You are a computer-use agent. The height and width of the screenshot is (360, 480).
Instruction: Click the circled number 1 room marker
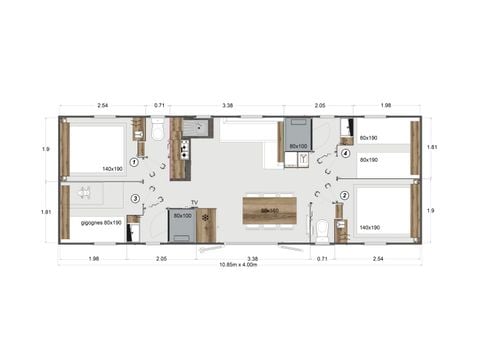pos(133,162)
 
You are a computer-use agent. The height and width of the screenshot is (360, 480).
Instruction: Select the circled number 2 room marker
pos(345,196)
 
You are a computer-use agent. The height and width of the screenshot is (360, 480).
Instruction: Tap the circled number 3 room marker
pos(133,198)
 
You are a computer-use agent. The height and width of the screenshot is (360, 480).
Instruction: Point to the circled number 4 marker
pos(345,153)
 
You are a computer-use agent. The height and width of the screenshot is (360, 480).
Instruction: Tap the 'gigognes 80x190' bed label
pos(101,222)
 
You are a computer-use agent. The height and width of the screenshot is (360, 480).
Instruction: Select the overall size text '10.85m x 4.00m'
pos(240,264)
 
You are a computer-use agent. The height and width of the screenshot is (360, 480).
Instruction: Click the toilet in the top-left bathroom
pos(158,132)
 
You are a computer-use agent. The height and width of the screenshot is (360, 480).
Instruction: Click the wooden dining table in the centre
pos(269,211)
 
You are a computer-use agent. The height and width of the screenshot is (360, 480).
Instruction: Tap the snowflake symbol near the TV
pos(206,217)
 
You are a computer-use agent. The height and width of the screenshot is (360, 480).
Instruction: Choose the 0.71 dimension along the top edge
pos(160,104)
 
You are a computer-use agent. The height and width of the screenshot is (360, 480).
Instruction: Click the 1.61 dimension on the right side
pos(432,147)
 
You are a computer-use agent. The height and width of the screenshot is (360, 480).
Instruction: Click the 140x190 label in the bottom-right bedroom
pos(369,228)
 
